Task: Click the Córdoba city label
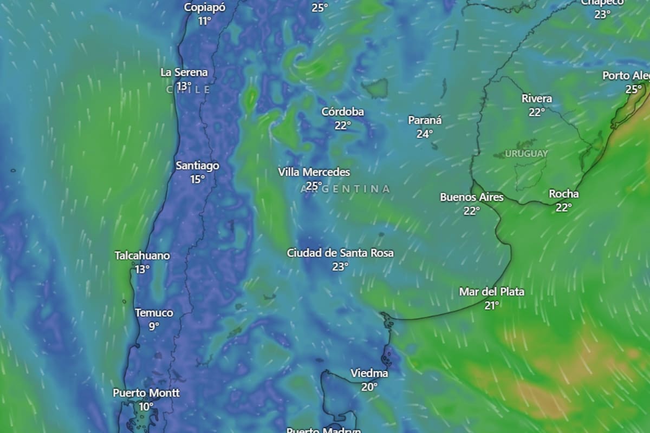(342, 112)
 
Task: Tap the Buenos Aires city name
(471, 198)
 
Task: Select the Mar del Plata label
(491, 292)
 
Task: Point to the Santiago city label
(197, 166)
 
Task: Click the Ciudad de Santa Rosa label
(340, 253)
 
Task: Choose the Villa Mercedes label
(314, 172)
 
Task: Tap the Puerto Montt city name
(146, 393)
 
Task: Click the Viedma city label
(369, 373)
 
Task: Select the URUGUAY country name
(526, 154)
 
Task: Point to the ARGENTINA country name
(345, 189)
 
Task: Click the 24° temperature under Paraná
(424, 134)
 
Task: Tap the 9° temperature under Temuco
(154, 326)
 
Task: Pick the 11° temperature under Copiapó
(204, 21)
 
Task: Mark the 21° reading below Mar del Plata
(491, 305)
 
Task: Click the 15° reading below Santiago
(197, 179)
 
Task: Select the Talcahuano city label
(142, 255)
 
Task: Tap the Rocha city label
(563, 194)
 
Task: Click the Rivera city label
(537, 99)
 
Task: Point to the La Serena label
(184, 73)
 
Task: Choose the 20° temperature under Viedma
(369, 387)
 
